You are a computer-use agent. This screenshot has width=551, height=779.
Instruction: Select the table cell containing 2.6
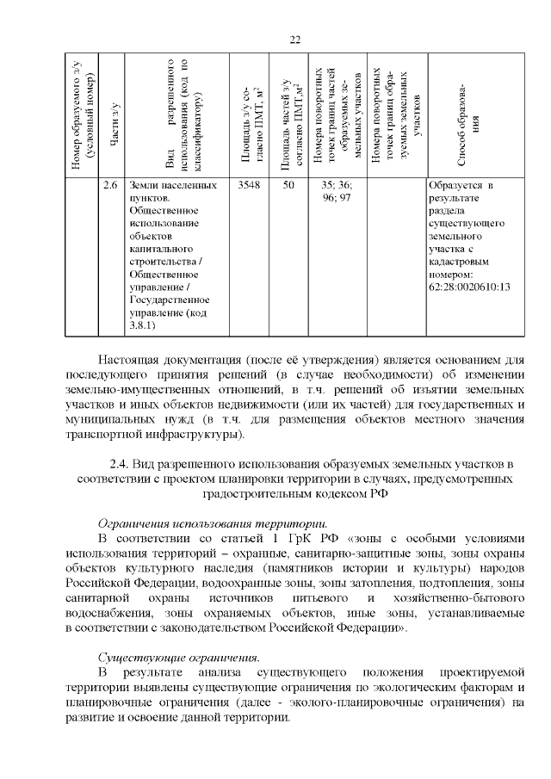pyautogui.click(x=110, y=186)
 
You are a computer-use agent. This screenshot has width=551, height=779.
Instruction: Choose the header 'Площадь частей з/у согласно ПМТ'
pyautogui.click(x=291, y=121)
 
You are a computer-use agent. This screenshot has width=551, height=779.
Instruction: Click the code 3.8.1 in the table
pyautogui.click(x=143, y=325)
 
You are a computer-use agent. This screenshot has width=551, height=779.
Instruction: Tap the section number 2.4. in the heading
pyautogui.click(x=125, y=464)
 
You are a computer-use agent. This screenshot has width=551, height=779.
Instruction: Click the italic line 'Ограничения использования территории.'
pyautogui.click(x=212, y=522)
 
